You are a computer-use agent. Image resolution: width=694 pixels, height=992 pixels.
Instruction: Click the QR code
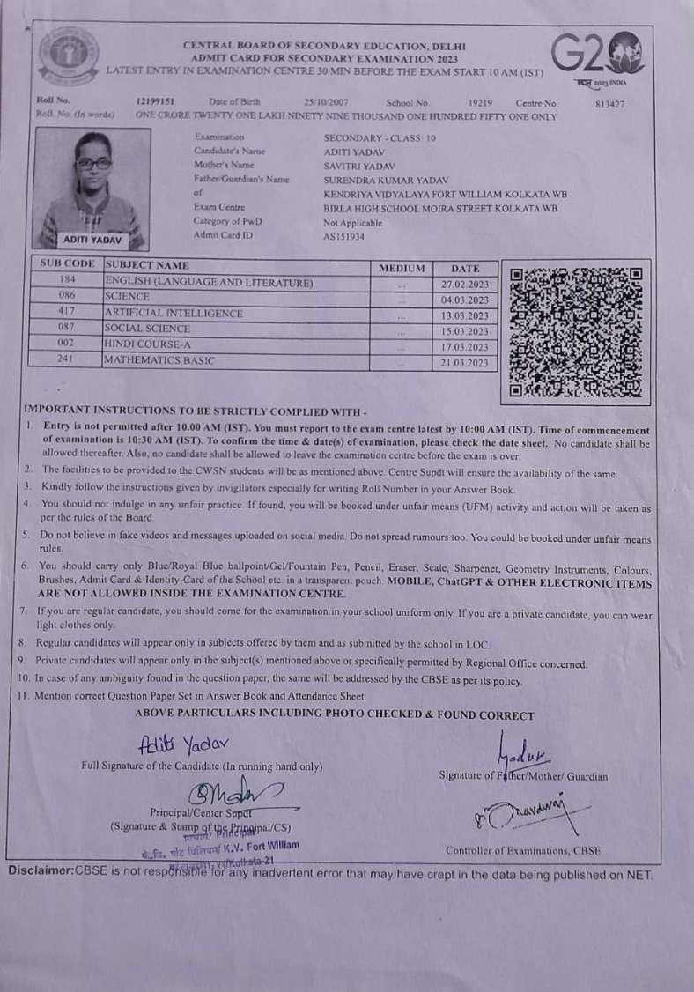pyautogui.click(x=576, y=330)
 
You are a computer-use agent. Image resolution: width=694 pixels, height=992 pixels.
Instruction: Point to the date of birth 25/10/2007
pyautogui.click(x=327, y=102)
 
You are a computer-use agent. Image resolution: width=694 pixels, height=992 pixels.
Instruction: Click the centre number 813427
pyautogui.click(x=609, y=103)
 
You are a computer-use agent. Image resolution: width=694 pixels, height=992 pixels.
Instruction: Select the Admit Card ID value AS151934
pyautogui.click(x=343, y=236)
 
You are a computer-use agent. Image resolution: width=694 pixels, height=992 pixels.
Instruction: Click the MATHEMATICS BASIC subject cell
pyautogui.click(x=159, y=360)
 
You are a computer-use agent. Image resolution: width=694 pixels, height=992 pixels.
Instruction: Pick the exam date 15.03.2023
pyautogui.click(x=464, y=332)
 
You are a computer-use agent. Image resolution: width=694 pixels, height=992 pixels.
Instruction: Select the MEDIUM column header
pyautogui.click(x=402, y=268)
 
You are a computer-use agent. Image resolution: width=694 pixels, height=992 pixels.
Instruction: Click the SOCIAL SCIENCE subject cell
pyautogui.click(x=146, y=329)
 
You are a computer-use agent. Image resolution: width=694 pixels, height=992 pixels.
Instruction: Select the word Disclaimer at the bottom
pyautogui.click(x=40, y=870)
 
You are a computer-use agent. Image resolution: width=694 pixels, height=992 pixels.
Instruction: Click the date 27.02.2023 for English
pyautogui.click(x=464, y=285)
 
